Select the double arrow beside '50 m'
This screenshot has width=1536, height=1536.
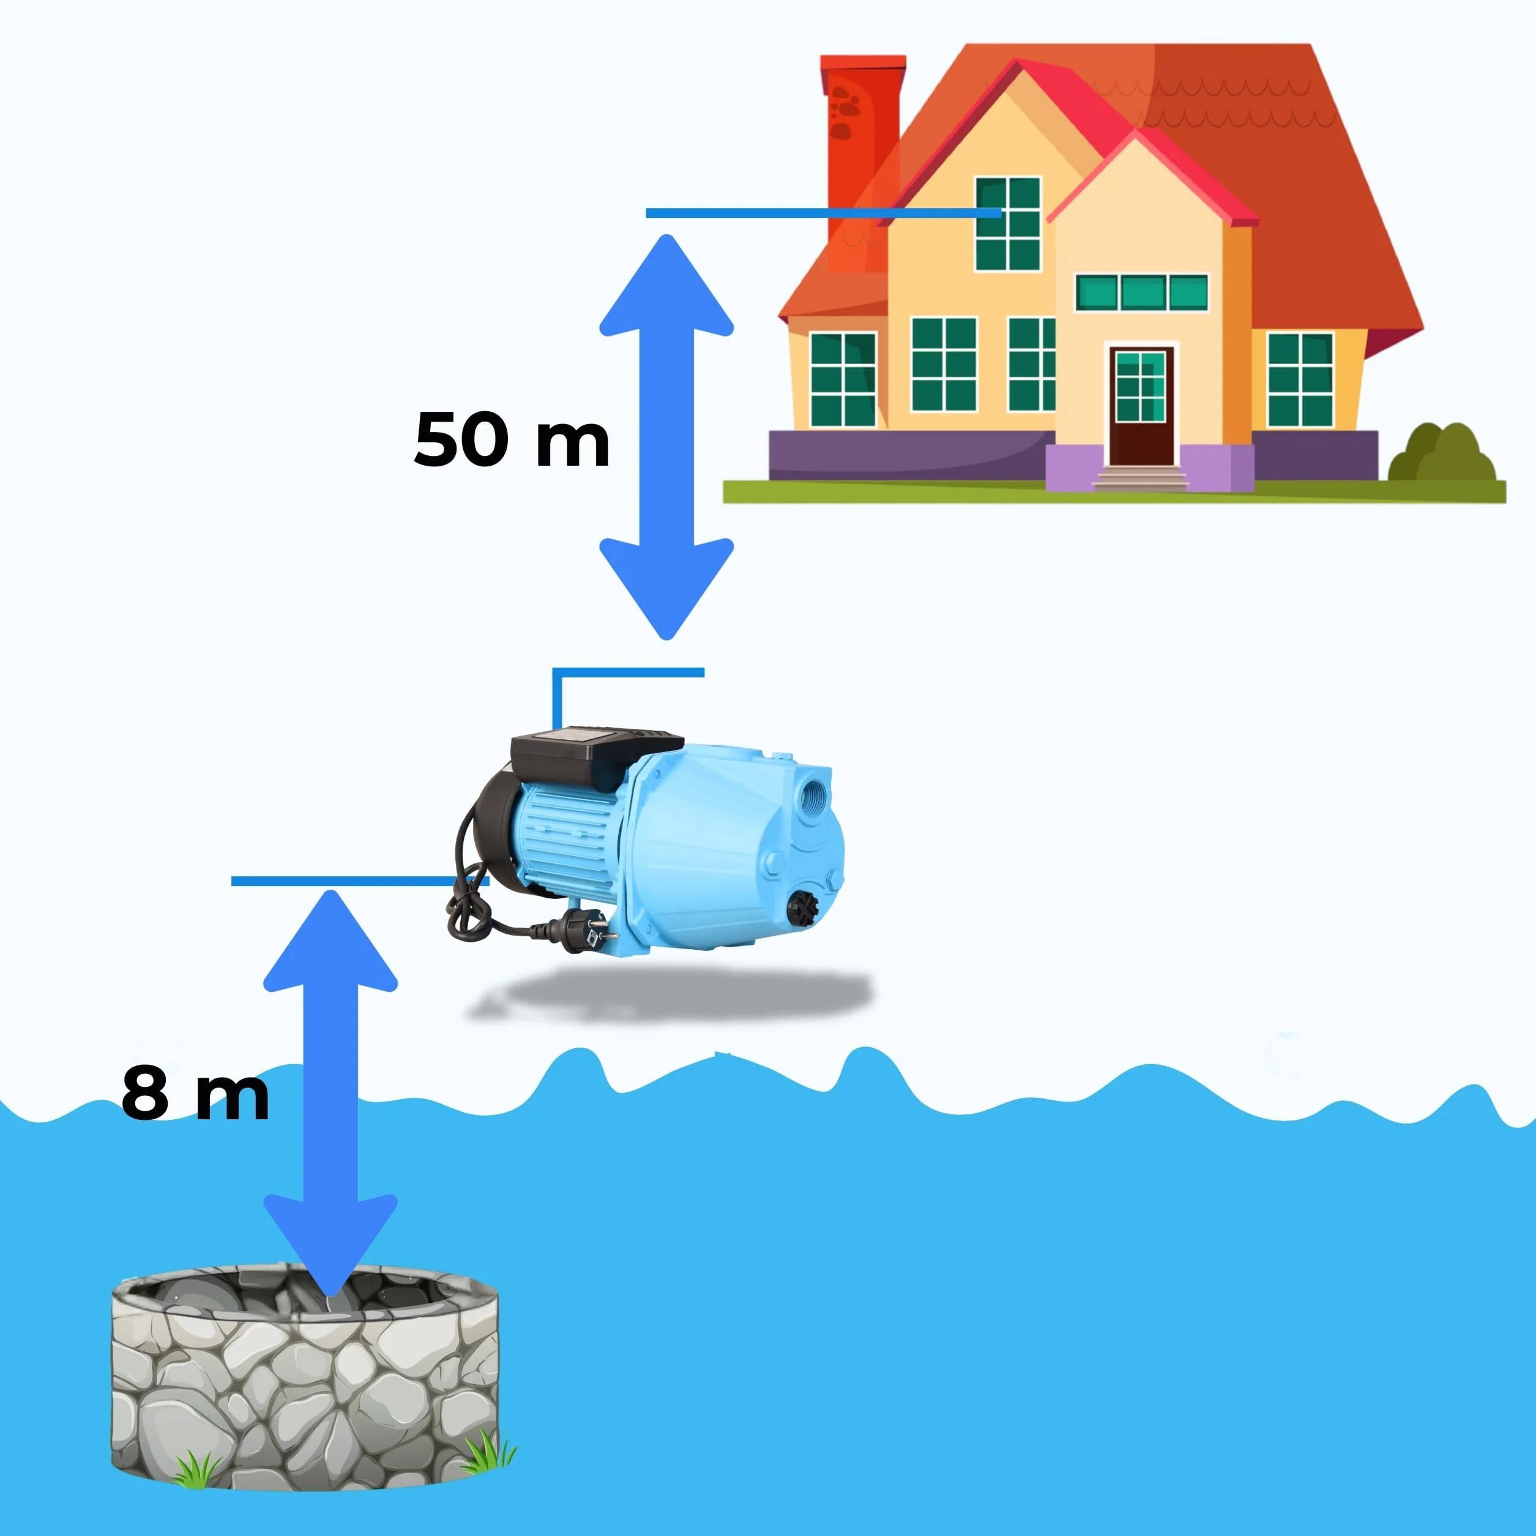tap(666, 438)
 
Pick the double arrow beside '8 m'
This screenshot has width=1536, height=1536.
tap(330, 1092)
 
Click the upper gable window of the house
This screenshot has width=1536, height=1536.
tap(1008, 223)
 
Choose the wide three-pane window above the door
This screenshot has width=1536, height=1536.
tap(1142, 293)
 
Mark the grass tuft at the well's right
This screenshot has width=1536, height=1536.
tap(487, 1452)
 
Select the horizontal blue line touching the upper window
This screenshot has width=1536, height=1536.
tap(823, 213)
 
